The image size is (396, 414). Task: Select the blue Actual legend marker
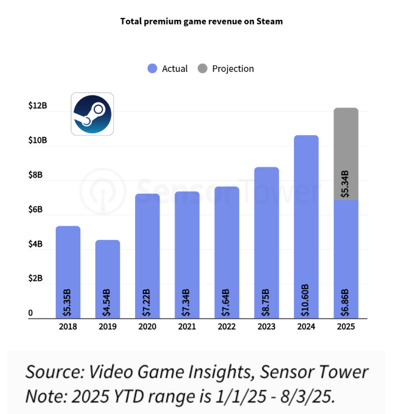(152, 69)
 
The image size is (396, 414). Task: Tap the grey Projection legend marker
(202, 69)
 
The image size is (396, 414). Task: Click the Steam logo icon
(92, 113)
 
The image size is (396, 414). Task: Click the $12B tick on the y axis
(38, 106)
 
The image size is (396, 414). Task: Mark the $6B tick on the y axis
(38, 209)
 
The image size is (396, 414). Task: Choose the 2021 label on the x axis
(187, 327)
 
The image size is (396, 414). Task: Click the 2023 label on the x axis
(266, 327)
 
